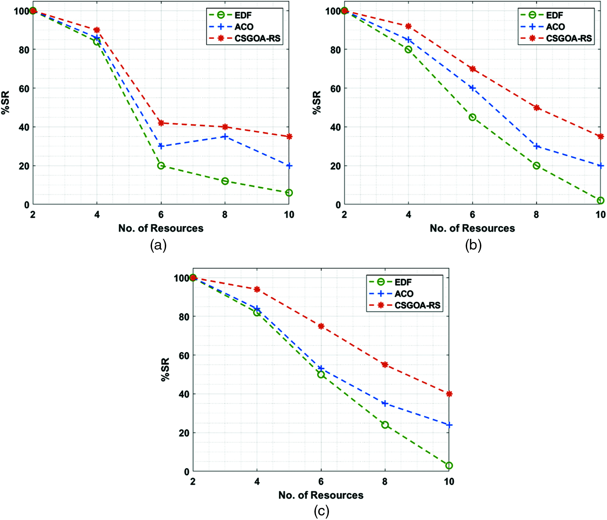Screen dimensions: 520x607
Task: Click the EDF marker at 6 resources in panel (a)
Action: click(161, 166)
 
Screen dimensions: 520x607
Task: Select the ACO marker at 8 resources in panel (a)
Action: click(225, 137)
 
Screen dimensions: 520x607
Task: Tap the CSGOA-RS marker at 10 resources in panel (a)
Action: click(289, 137)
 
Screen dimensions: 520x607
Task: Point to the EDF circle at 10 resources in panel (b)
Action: click(600, 200)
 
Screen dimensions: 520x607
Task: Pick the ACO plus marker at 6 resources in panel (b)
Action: click(472, 88)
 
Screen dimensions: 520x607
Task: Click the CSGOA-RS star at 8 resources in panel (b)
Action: click(536, 108)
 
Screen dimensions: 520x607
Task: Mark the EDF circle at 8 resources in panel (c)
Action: click(385, 425)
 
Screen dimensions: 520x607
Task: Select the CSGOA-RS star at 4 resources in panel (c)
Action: click(257, 289)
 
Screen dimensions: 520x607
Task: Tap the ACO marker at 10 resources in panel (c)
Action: click(449, 425)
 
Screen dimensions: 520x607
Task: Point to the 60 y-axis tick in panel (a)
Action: click(24, 89)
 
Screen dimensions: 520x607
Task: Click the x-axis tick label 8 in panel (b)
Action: click(536, 215)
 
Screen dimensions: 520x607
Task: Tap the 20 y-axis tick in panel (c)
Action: click(184, 433)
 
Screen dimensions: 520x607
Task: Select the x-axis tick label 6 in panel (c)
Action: click(321, 482)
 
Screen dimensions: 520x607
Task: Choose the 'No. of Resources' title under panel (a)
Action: click(161, 228)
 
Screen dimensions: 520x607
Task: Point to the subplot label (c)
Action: click(321, 511)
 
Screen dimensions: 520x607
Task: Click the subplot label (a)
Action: click(159, 245)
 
